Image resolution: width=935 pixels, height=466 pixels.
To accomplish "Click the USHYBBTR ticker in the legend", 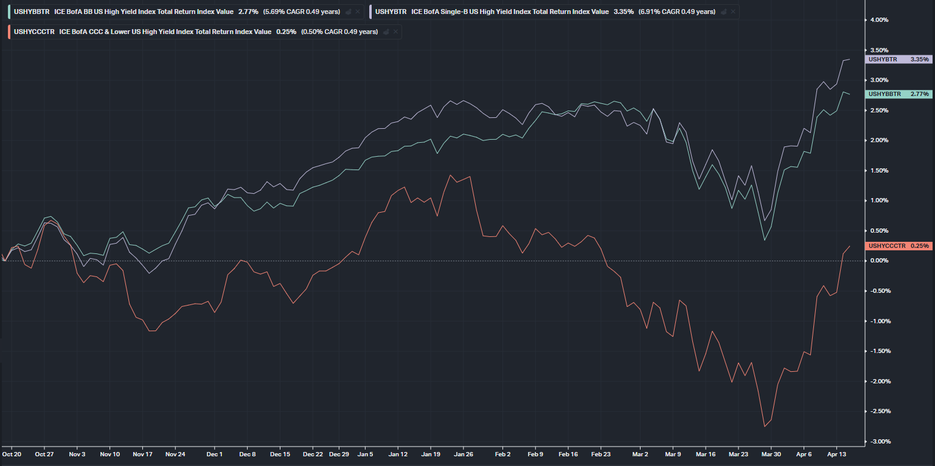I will (31, 12).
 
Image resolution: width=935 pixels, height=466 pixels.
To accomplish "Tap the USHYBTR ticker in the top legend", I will (391, 12).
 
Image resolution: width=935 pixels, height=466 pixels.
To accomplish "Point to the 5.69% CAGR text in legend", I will (301, 12).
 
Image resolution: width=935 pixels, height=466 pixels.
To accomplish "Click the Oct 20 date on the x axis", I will (12, 454).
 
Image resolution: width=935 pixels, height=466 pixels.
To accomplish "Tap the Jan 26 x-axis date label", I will (464, 454).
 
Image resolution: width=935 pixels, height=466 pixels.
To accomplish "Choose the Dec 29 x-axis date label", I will (339, 454).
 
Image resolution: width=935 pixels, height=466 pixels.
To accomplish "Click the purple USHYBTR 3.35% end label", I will (897, 60).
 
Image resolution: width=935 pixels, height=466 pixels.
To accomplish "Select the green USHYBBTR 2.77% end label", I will (897, 94).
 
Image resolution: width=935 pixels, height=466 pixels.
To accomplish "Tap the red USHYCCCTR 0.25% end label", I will (897, 245).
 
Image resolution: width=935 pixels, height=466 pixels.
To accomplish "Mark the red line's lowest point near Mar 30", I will (765, 427).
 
